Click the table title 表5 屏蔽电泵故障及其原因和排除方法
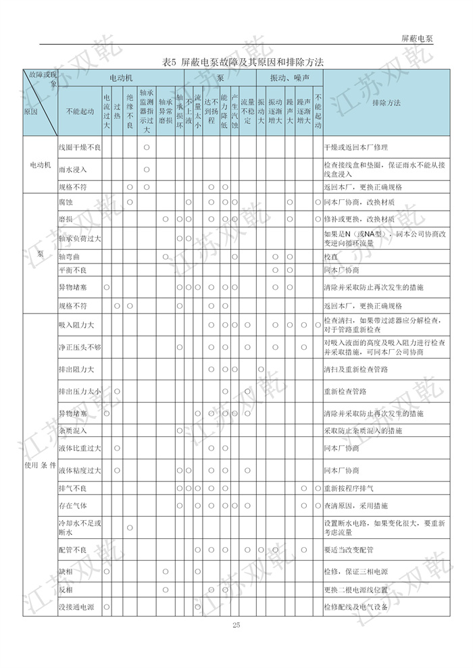[x=243, y=61]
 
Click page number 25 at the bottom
[x=236, y=625]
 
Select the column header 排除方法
[x=386, y=103]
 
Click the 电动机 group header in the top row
[x=121, y=78]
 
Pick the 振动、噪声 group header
[x=290, y=78]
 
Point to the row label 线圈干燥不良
[x=80, y=147]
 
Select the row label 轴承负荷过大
[x=80, y=238]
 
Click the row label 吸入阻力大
[x=76, y=325]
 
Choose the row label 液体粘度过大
[x=80, y=470]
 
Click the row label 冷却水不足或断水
[x=80, y=527]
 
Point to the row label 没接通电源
[x=76, y=607]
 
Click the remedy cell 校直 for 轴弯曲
[x=330, y=257]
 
